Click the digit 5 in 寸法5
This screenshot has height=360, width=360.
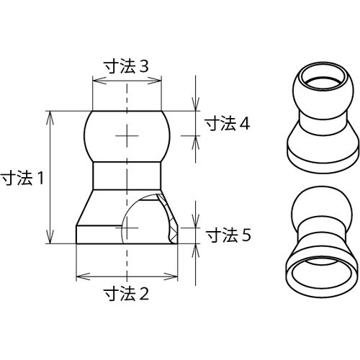[x=246, y=235]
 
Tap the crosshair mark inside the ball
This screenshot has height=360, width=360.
[x=127, y=135]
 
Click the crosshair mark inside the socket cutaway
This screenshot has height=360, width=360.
[x=127, y=228]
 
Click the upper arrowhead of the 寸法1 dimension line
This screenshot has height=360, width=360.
[x=50, y=114]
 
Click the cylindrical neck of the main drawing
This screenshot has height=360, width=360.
[x=127, y=176]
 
